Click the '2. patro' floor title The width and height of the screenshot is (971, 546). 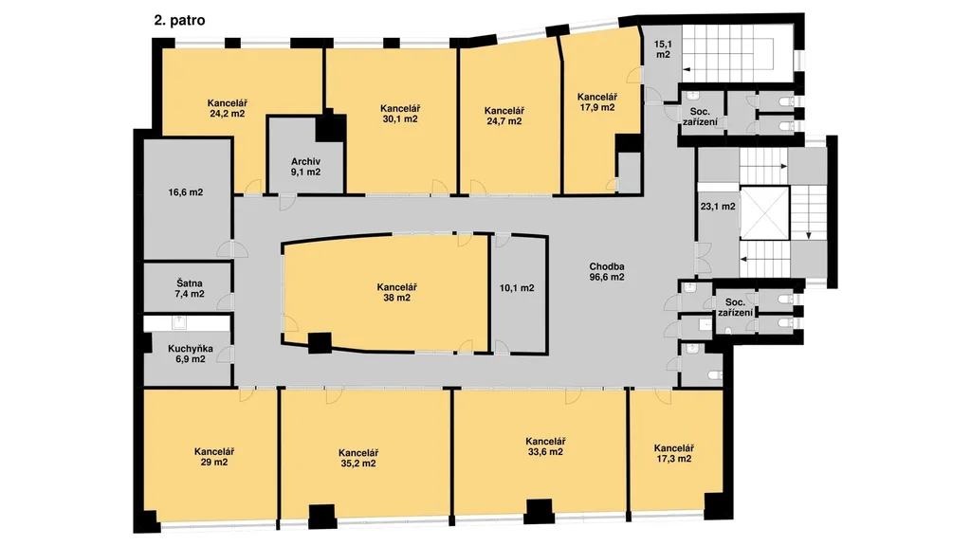179,21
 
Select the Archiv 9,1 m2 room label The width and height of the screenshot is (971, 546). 306,167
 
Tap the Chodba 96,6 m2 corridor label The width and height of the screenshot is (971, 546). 607,272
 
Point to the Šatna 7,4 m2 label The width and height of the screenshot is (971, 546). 190,289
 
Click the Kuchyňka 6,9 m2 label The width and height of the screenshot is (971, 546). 190,354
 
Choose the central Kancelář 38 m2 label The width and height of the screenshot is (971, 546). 397,292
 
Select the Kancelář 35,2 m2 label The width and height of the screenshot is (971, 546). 358,458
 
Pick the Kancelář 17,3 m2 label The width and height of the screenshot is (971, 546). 674,453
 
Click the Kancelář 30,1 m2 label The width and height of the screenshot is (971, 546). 400,114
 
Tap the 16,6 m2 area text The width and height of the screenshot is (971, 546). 186,192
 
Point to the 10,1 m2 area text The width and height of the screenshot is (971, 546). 517,288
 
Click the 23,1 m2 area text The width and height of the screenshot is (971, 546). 719,206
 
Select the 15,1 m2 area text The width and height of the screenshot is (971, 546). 663,49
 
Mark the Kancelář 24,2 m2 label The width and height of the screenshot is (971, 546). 228,108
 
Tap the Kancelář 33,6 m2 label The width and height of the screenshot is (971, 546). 545,446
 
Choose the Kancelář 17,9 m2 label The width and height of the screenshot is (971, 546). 597,102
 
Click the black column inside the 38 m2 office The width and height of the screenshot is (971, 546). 320,343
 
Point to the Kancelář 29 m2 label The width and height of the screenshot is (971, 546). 213,457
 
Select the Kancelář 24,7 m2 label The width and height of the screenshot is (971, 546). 504,116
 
